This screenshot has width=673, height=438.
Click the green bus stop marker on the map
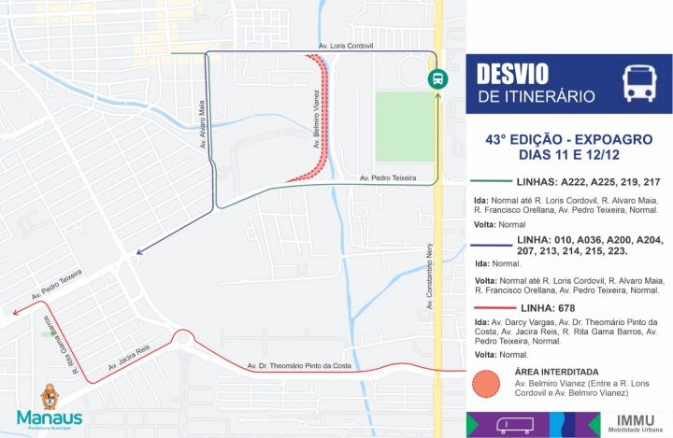pos(437,79)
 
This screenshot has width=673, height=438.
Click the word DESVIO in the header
pos(512,74)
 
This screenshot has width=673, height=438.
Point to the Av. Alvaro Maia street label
pos(201,125)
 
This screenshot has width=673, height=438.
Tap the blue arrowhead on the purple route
pos(138,251)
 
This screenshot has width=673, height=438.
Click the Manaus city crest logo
pos(49,397)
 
